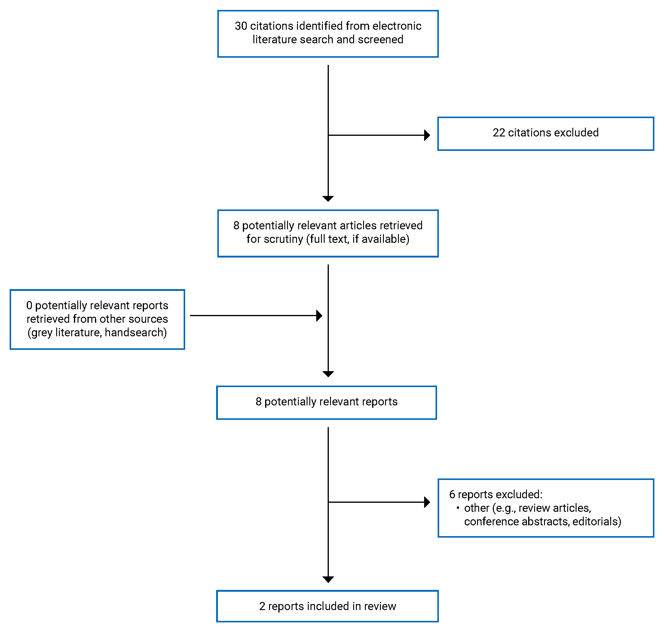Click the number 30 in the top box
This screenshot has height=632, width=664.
click(240, 26)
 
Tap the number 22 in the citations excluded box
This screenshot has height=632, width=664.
click(499, 133)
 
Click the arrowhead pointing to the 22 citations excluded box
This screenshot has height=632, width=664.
click(427, 135)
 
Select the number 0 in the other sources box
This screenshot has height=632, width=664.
click(29, 306)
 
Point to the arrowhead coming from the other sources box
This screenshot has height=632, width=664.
click(319, 316)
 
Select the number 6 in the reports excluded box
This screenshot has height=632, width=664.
click(452, 495)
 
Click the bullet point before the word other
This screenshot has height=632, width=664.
click(458, 508)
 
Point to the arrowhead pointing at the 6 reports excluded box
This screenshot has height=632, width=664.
click(427, 502)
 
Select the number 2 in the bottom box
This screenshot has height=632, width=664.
click(262, 606)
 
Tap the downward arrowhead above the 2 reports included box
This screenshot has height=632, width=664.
click(328, 579)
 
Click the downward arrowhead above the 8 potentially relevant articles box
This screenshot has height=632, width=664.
click(328, 198)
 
